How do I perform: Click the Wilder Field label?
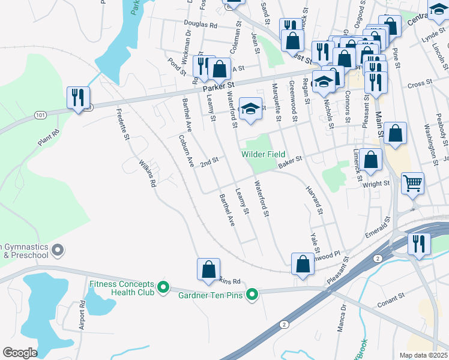[x=263, y=154]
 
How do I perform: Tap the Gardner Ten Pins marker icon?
[x=253, y=294]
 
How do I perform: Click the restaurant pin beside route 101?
[x=78, y=98]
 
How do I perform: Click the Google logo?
[x=20, y=352]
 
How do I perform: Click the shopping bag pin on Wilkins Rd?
[x=208, y=269]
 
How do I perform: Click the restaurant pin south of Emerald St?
[x=419, y=244]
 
